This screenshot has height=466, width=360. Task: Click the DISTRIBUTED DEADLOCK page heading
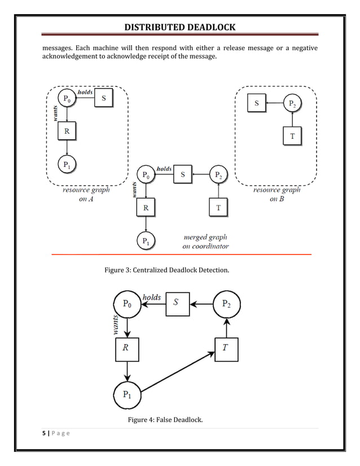pyautogui.click(x=180, y=28)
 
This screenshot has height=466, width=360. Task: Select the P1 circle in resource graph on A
pyautogui.click(x=67, y=165)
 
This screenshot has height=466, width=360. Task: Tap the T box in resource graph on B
pyautogui.click(x=292, y=136)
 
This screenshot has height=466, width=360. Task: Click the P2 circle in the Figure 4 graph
pyautogui.click(x=226, y=304)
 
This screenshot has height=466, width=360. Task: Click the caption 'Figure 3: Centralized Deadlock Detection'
pyautogui.click(x=167, y=271)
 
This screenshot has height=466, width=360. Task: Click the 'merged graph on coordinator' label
pyautogui.click(x=205, y=242)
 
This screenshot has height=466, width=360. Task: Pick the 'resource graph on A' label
pyautogui.click(x=86, y=195)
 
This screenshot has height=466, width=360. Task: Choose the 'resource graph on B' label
pyautogui.click(x=276, y=195)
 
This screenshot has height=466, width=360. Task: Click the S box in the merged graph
pyautogui.click(x=182, y=175)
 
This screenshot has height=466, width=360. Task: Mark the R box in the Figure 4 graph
pyautogui.click(x=126, y=348)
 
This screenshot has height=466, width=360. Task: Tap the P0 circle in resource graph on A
pyautogui.click(x=67, y=99)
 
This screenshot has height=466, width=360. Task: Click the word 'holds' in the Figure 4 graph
pyautogui.click(x=152, y=297)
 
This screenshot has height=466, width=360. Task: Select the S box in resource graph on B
pyautogui.click(x=257, y=103)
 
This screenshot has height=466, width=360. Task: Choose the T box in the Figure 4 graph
pyautogui.click(x=226, y=348)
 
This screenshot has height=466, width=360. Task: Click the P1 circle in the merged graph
pyautogui.click(x=146, y=242)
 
